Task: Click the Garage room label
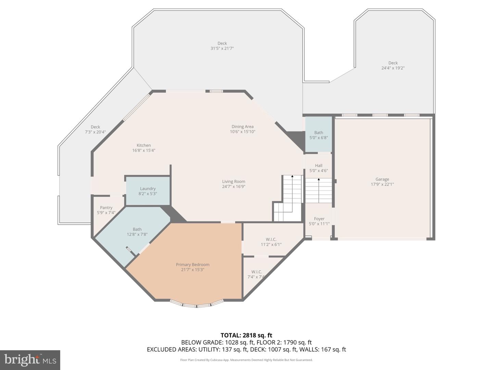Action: coord(382,179)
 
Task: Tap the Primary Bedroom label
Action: coord(192,264)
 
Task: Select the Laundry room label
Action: coord(148,189)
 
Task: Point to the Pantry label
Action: coord(106,208)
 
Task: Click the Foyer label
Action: coord(319,219)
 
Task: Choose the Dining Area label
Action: coord(242,127)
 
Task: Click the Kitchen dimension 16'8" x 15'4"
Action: coord(144,150)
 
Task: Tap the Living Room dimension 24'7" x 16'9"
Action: coord(233,187)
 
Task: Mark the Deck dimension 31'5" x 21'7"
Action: coord(222,49)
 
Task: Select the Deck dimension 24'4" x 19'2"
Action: coord(393,68)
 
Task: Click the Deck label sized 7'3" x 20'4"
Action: coord(95,127)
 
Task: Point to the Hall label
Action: coord(319,165)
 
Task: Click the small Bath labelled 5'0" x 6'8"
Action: coord(319,133)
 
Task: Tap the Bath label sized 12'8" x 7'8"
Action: coord(137,230)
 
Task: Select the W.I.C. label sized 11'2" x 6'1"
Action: coord(271,239)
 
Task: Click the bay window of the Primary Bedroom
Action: coord(197,304)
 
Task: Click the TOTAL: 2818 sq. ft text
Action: coord(246,335)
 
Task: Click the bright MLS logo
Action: coord(30,360)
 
